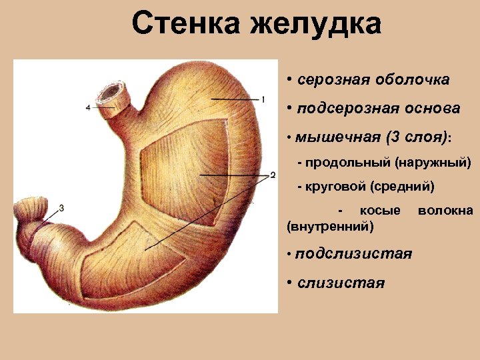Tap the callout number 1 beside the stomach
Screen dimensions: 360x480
[264, 100]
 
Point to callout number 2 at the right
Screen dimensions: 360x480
[272, 175]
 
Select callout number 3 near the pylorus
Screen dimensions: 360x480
[61, 208]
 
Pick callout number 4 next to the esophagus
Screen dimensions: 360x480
[88, 107]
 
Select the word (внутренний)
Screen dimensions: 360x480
[329, 227]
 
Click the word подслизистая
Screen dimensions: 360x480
[355, 254]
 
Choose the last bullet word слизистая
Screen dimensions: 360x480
[341, 283]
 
